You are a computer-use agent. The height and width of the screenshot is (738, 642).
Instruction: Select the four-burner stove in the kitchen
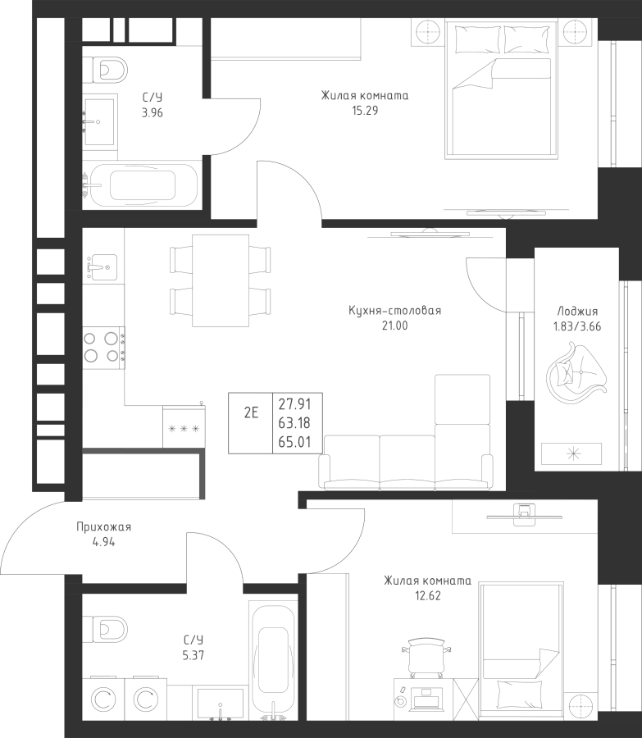pos(103,348)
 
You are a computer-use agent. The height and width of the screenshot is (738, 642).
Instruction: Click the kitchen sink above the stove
pos(100,266)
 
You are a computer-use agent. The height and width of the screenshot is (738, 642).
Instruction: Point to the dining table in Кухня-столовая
pos(221,280)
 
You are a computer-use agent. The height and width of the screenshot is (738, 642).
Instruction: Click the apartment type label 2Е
pos(252,412)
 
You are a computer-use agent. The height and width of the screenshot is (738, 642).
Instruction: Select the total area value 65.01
pos(294,442)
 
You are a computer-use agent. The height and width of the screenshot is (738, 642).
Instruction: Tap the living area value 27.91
pos(294,404)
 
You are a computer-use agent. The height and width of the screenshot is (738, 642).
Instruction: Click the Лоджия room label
pos(577,311)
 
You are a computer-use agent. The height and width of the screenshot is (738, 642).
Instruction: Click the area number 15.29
pos(365,111)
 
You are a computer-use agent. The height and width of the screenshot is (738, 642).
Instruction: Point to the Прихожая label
pos(103,527)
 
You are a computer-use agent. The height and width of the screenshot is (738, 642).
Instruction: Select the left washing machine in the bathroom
pos(103,700)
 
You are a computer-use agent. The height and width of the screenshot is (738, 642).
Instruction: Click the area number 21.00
pos(395,326)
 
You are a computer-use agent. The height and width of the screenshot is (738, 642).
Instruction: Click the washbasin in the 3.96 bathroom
pos(98,122)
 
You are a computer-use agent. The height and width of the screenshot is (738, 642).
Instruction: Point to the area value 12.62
pos(428,596)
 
